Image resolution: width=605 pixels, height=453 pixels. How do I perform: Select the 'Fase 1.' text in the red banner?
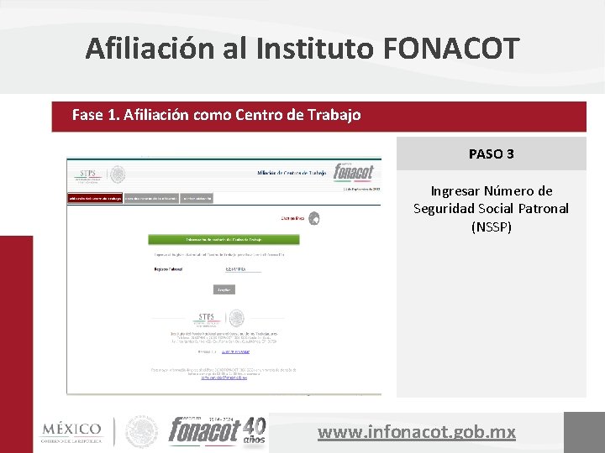(x=96, y=115)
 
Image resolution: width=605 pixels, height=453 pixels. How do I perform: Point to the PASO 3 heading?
(x=492, y=154)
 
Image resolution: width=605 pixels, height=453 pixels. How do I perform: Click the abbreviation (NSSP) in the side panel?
(x=492, y=226)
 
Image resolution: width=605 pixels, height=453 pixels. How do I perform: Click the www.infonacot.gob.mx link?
(x=417, y=433)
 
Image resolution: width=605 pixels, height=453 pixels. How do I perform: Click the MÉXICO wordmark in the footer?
(x=71, y=430)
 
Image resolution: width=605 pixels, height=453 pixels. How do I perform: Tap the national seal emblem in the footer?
(x=141, y=431)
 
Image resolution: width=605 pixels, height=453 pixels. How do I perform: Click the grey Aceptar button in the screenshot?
(x=224, y=289)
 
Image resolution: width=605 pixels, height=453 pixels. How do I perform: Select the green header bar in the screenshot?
(x=223, y=239)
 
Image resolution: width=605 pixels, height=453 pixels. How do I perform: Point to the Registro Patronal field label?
(x=168, y=269)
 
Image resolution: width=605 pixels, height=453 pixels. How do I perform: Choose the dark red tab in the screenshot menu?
(x=95, y=198)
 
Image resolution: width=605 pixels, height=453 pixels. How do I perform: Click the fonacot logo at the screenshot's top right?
(x=353, y=171)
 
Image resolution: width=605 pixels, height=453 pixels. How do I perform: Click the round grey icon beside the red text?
(x=313, y=218)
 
